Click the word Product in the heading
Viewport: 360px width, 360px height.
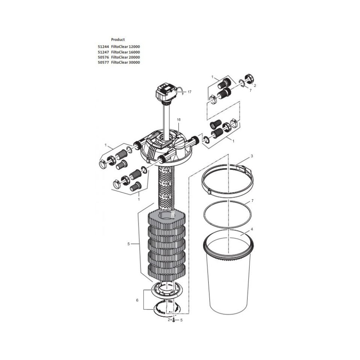click(118, 39)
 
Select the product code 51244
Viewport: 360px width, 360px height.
click(103, 47)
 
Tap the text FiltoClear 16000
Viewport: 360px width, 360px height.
click(125, 52)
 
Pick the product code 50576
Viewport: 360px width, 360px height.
click(103, 57)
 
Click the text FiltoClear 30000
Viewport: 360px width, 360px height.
click(125, 62)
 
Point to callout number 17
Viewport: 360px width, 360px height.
click(189, 92)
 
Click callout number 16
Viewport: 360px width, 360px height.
click(178, 120)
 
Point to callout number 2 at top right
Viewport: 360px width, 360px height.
click(255, 85)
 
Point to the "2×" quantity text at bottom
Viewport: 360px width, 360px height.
click(169, 320)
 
